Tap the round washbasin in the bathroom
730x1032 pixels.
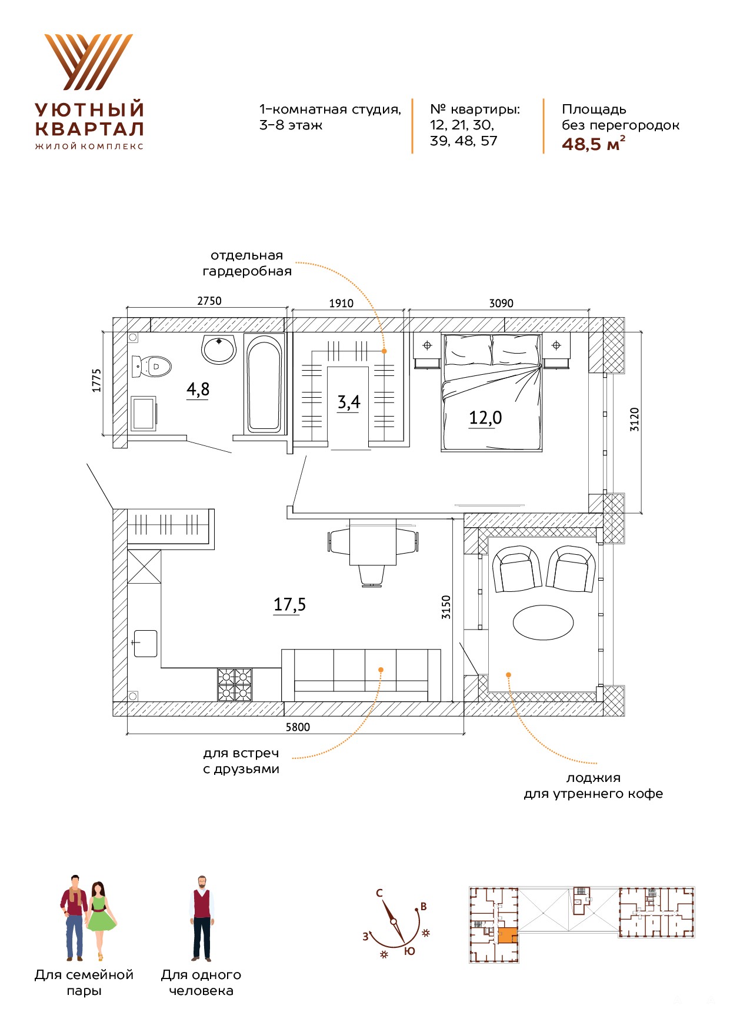tap(219, 349)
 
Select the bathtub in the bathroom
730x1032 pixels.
tap(264, 384)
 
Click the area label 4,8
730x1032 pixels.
tap(198, 390)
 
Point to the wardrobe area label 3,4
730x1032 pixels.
tap(348, 402)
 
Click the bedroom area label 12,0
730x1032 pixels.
tap(485, 418)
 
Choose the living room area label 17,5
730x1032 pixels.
tap(289, 605)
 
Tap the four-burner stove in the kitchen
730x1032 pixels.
tap(235, 684)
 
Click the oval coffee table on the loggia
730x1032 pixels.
tap(543, 622)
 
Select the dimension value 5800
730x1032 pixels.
tap(298, 727)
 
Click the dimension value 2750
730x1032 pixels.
tap(209, 301)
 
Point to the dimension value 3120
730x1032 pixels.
tap(634, 420)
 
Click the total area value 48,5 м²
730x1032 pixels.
tap(593, 144)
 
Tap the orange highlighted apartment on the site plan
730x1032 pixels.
tap(507, 936)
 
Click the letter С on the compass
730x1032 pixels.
tap(379, 893)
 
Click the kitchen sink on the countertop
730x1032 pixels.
tap(145, 643)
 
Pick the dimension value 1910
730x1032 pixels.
tap(341, 303)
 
